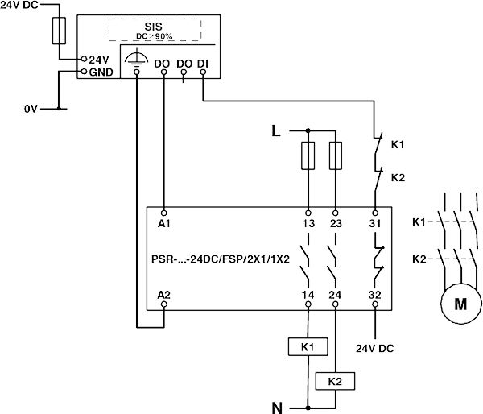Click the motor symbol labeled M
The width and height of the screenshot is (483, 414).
(460, 304)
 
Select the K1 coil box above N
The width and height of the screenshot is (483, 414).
(307, 347)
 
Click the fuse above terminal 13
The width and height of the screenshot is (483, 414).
(308, 156)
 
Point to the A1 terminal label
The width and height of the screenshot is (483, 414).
(164, 222)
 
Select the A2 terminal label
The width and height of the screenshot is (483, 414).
(164, 296)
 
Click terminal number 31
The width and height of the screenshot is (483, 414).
(374, 222)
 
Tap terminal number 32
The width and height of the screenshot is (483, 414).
(374, 296)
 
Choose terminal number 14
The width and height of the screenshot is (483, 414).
(308, 296)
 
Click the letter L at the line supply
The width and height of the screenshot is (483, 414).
(276, 129)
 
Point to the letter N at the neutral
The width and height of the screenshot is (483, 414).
(276, 407)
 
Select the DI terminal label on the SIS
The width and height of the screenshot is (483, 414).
(202, 62)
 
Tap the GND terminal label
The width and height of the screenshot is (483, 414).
(100, 72)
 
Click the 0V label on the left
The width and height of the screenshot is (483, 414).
(31, 107)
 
